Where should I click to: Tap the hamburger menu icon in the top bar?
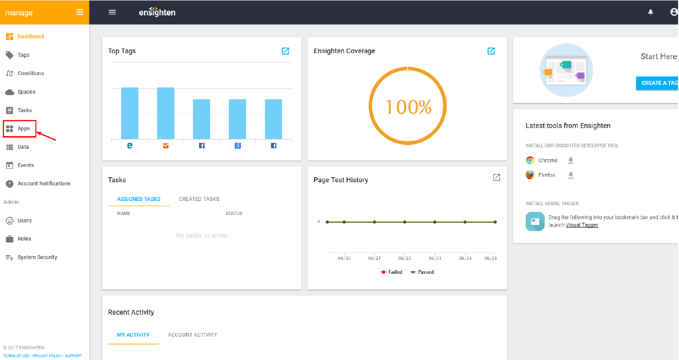pos(112,12)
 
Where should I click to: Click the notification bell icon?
pos(651,12)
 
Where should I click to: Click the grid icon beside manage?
pos(80,12)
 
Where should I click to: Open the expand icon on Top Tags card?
pos(285,51)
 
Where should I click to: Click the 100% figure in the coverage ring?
pos(408,107)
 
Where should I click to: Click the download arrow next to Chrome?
pos(571,160)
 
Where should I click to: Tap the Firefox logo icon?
pos(530,175)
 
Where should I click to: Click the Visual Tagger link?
pos(582,225)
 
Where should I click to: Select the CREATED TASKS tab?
pos(199,199)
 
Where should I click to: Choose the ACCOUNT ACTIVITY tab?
pos(192,335)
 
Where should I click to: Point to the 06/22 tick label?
pos(405,258)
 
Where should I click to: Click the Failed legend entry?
pos(391,272)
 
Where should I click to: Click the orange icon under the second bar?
pos(165,146)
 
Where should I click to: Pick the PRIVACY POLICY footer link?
pos(47,356)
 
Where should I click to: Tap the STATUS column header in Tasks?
pos(233,214)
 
